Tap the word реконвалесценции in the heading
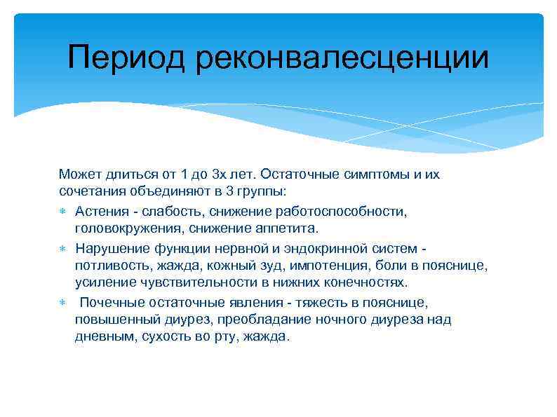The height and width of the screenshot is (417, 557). pos(342,57)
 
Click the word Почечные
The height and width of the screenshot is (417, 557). pos(114,302)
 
